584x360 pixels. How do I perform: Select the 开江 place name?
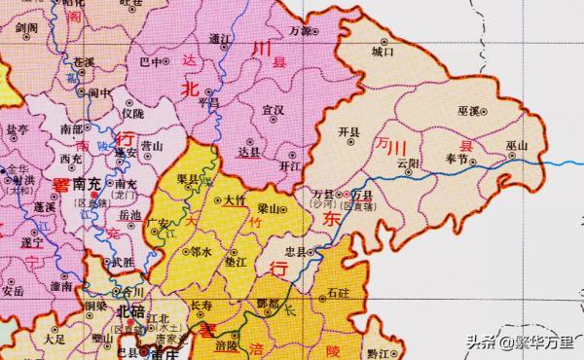(x=289, y=166)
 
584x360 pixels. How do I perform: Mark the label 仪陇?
(x=131, y=114)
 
